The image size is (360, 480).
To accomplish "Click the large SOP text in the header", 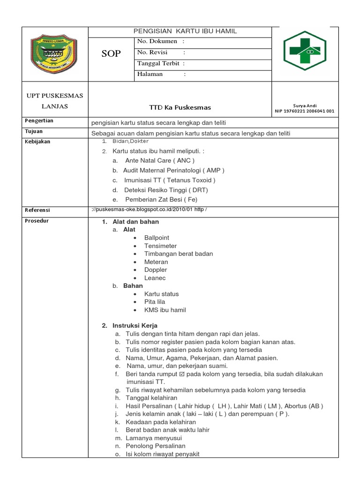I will pyautogui.click(x=111, y=54).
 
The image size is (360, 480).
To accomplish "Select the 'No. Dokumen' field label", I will pyautogui.click(x=157, y=42).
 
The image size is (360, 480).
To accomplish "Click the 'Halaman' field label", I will pyautogui.click(x=150, y=74).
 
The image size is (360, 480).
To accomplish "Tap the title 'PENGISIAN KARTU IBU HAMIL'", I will pyautogui.click(x=185, y=31).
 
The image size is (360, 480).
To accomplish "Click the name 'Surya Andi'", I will pyautogui.click(x=305, y=105).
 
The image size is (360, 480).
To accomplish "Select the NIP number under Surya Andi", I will pyautogui.click(x=305, y=111).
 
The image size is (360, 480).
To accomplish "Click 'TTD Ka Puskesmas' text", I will pyautogui.click(x=180, y=107).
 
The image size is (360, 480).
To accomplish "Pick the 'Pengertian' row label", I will pyautogui.click(x=39, y=121).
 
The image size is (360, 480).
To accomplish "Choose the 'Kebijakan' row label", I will pyautogui.click(x=37, y=142).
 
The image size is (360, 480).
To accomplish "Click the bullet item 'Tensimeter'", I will pyautogui.click(x=160, y=246).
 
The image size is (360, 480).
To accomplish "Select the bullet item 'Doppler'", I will pyautogui.click(x=156, y=270).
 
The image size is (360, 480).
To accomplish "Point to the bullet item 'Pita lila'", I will pyautogui.click(x=158, y=302).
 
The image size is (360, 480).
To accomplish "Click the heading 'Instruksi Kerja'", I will pyautogui.click(x=135, y=325).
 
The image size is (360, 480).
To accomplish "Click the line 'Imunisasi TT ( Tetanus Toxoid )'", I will pyautogui.click(x=170, y=180).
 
